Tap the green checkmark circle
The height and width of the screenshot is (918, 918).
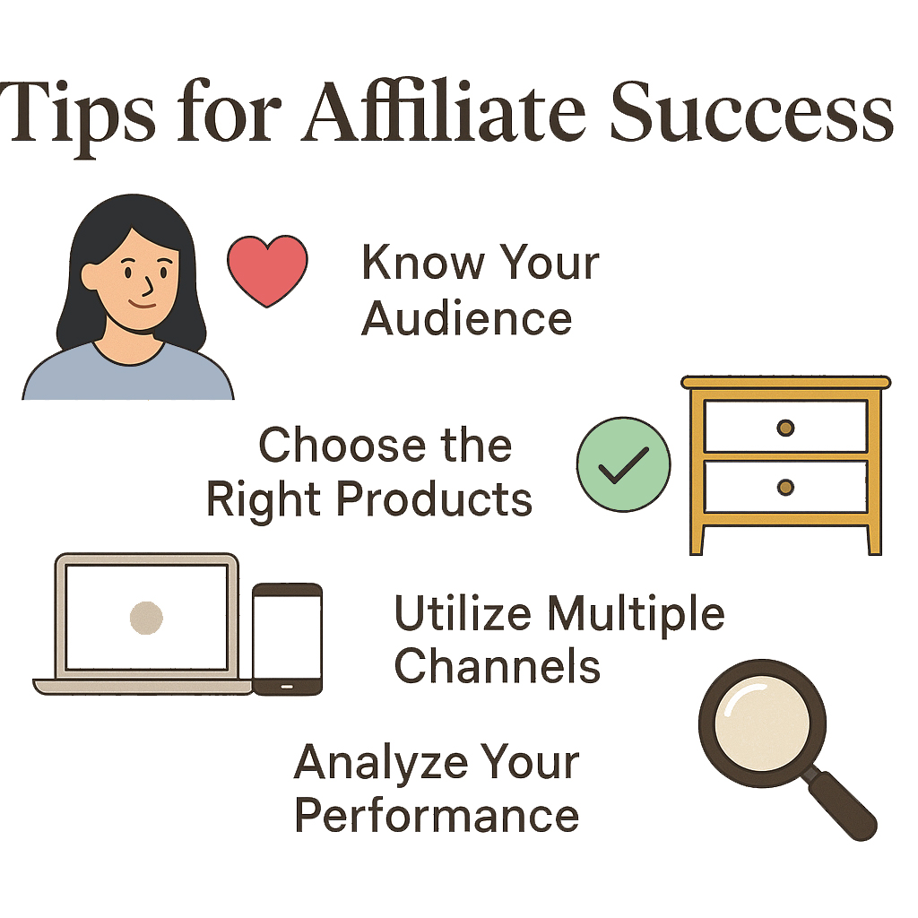pyautogui.click(x=624, y=465)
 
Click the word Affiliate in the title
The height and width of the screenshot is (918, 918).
pyautogui.click(x=443, y=111)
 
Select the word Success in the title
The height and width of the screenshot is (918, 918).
pyautogui.click(x=752, y=112)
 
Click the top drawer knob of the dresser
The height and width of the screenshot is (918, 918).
pyautogui.click(x=785, y=428)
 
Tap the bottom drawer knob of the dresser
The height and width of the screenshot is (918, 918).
pyautogui.click(x=785, y=487)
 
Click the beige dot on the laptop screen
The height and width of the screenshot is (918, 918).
pyautogui.click(x=146, y=618)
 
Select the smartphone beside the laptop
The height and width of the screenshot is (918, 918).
pyautogui.click(x=288, y=638)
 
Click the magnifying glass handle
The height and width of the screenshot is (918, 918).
pyautogui.click(x=841, y=804)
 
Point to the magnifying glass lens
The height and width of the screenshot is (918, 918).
pyautogui.click(x=762, y=723)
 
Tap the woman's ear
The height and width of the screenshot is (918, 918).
pyautogui.click(x=91, y=276)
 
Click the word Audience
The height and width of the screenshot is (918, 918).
pyautogui.click(x=466, y=318)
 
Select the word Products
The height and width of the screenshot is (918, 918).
pyautogui.click(x=434, y=498)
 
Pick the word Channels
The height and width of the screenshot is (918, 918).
pyautogui.click(x=498, y=666)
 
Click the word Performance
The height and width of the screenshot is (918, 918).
pyautogui.click(x=437, y=814)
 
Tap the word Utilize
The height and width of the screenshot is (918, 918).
pyautogui.click(x=463, y=612)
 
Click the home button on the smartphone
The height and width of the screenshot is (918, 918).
pyautogui.click(x=287, y=686)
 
